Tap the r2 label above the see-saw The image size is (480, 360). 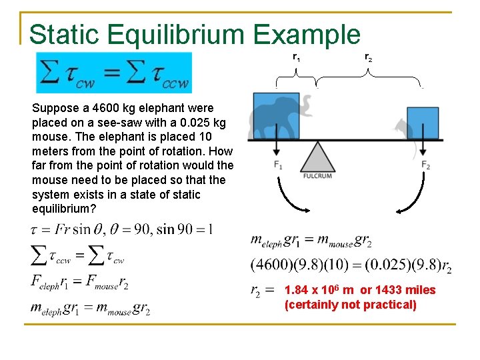[369, 58]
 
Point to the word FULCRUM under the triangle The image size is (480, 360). [317, 177]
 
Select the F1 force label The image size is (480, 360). [277, 165]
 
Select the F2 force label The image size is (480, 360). [425, 165]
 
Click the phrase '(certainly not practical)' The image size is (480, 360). [350, 305]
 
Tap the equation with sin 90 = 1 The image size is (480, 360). [123, 229]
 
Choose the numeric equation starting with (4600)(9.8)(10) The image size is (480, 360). [351, 265]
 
